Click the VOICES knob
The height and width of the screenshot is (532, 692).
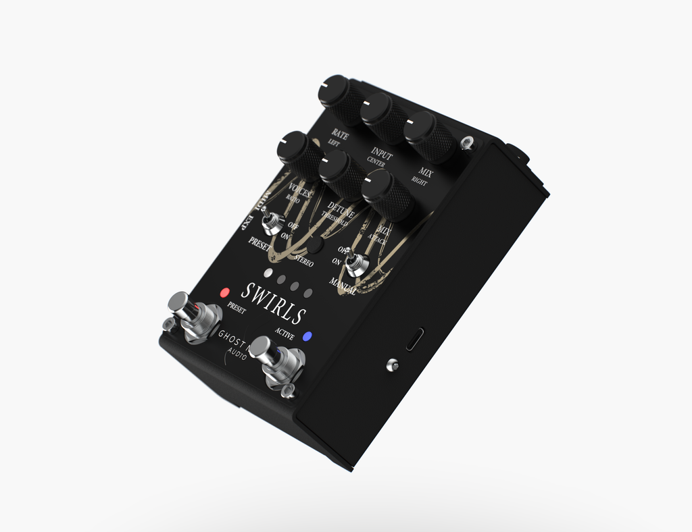pos(296,149)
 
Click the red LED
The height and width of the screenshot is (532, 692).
pos(224,293)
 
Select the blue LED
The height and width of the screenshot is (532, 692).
pos(308,336)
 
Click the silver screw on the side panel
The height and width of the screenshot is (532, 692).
pos(392,366)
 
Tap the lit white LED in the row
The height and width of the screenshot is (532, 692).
pos(268,274)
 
